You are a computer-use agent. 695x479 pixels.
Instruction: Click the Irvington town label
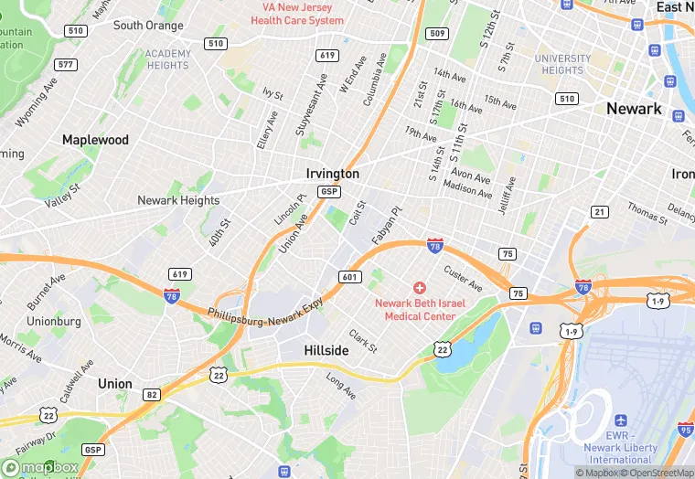(332, 173)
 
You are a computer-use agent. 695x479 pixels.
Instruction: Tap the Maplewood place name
(95, 140)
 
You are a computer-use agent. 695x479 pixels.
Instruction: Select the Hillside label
(326, 351)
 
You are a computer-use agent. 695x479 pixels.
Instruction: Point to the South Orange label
(147, 26)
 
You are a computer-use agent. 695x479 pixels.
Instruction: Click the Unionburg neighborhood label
(54, 321)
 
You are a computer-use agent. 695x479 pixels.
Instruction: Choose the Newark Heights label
(178, 200)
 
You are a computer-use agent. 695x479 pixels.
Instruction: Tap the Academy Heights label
(168, 59)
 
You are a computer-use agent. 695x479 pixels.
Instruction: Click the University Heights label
(562, 64)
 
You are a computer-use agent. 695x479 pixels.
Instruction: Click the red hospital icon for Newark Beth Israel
(420, 288)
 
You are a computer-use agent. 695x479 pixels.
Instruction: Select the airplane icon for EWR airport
(622, 420)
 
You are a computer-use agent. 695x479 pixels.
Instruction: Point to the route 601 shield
(350, 277)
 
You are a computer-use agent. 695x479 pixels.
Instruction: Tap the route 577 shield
(66, 64)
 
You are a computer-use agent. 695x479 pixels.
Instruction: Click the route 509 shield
(438, 34)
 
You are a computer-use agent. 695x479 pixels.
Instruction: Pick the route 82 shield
(151, 394)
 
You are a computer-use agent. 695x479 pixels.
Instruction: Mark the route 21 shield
(599, 212)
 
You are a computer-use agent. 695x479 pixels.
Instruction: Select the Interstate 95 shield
(686, 429)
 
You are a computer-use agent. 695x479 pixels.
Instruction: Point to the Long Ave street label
(340, 387)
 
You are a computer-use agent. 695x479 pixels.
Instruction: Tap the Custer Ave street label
(462, 279)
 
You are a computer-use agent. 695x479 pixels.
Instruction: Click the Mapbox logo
(40, 467)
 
